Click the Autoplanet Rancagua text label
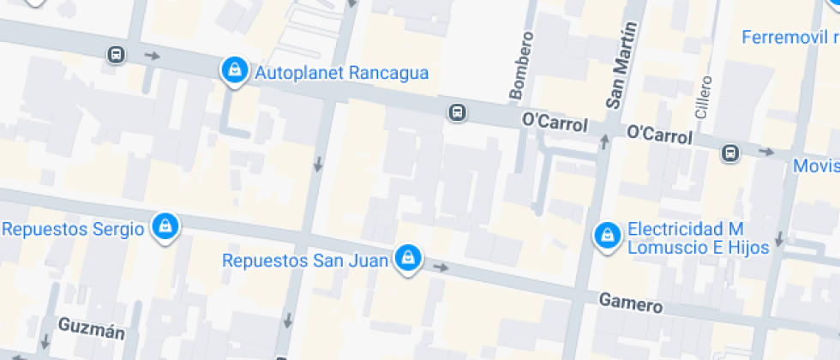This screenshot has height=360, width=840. point(341,73)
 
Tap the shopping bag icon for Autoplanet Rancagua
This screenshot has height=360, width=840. point(233,70)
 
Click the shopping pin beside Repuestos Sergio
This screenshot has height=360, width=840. point(164,227)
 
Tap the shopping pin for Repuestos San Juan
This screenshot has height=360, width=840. point(408,258)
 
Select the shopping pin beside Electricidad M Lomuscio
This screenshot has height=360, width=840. point(608,235)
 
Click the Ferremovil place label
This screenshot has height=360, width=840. point(789,38)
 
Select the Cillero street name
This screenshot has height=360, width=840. point(703,95)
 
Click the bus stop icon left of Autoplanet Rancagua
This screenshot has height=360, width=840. point(116,55)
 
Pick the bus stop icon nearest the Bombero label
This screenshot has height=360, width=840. point(458,112)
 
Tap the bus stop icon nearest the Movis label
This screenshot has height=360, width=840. point(729,153)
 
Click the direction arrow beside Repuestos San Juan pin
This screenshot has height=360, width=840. point(441,267)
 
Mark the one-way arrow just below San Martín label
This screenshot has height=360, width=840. point(604,139)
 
